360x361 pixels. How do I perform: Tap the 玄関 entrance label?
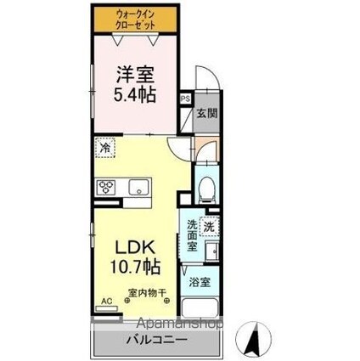tap(205, 113)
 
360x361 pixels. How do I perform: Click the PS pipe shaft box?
tap(185, 99)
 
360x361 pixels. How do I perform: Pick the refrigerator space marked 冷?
tap(104, 146)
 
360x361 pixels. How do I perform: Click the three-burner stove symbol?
tap(109, 187)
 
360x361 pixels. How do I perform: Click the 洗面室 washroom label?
tap(193, 234)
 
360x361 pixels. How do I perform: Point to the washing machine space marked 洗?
tap(210, 227)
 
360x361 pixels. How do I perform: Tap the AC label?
tap(107, 301)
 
